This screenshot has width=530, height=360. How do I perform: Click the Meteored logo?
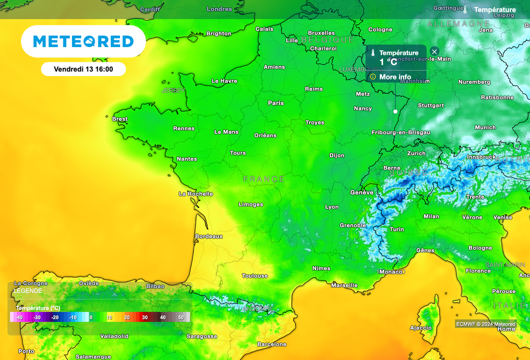(83, 41)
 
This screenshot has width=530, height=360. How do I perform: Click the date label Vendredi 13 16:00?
(83, 69)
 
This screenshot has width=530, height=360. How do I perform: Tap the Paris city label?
(276, 103)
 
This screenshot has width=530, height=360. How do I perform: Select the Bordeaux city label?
(209, 236)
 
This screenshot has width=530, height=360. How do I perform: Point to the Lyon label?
(332, 207)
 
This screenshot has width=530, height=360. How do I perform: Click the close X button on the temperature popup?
(435, 52)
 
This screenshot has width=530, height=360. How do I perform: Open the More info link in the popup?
(395, 77)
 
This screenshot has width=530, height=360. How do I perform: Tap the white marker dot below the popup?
(395, 111)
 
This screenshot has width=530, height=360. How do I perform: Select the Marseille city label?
(344, 285)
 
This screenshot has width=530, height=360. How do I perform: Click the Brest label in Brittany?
(120, 119)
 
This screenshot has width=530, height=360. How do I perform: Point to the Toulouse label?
(255, 276)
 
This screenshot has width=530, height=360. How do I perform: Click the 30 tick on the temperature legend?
(145, 317)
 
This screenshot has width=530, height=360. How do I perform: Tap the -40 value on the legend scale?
(19, 317)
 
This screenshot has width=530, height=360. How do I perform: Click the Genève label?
(362, 192)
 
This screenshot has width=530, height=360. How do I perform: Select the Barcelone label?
(272, 344)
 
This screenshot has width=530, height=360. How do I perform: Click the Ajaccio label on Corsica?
(421, 327)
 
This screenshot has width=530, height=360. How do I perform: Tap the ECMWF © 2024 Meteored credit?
(485, 324)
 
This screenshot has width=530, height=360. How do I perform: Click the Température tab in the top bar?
(494, 10)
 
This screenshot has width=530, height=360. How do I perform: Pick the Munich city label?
(485, 127)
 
